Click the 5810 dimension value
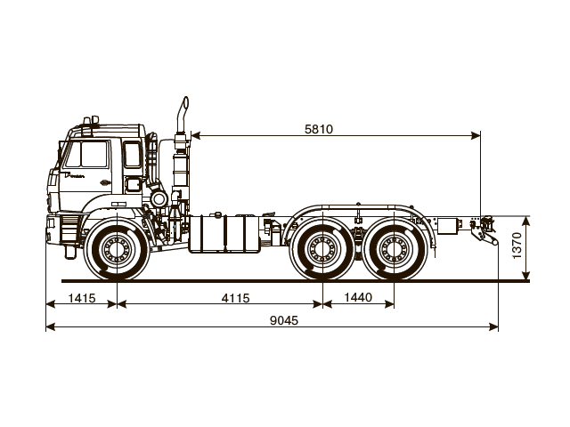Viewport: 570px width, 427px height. pos(318,128)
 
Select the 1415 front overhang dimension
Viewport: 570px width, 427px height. pos(81,298)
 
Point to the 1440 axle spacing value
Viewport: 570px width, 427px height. pos(357,298)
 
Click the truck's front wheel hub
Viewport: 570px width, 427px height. pos(116,252)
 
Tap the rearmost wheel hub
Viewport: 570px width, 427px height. pos(393,252)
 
